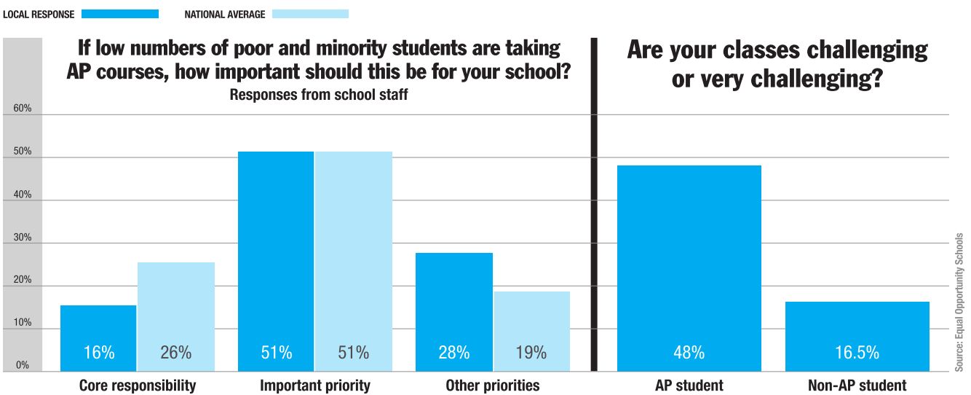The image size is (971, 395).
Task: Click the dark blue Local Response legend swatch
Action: click(x=120, y=13)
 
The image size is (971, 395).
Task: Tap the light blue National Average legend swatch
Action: click(x=310, y=13)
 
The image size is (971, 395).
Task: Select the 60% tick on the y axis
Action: click(x=22, y=109)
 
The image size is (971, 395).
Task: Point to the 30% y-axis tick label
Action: click(x=22, y=237)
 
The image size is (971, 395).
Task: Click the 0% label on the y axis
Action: click(x=23, y=365)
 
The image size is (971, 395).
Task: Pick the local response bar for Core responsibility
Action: click(x=98, y=338)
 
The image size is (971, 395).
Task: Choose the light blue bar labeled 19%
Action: click(x=531, y=331)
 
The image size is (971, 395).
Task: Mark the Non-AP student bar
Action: click(x=856, y=336)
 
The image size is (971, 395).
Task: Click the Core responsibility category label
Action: click(x=138, y=385)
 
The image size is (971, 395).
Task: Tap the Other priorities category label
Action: click(x=493, y=385)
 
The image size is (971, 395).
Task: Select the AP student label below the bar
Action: click(x=689, y=385)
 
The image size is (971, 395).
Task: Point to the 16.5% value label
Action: click(x=856, y=353)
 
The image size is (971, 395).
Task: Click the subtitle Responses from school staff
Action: click(x=319, y=95)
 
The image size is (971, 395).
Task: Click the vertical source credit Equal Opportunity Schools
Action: click(x=959, y=302)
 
